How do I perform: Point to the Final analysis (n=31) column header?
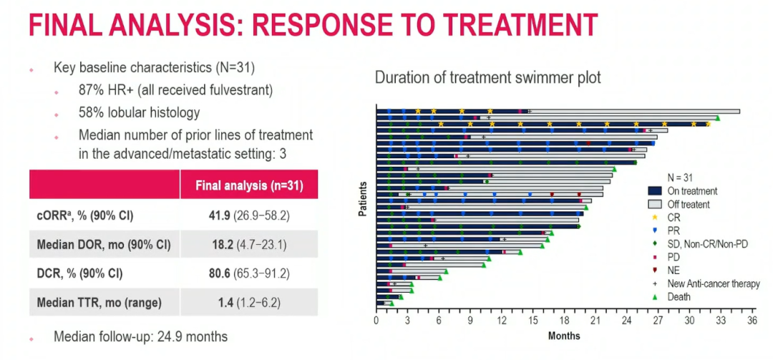(249, 185)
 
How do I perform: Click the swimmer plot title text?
(488, 77)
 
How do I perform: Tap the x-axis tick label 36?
(751, 321)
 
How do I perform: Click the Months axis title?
(564, 336)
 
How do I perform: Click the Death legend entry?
(678, 296)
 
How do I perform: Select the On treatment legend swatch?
(653, 191)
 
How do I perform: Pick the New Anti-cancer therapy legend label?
(713, 283)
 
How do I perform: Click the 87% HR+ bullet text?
(175, 92)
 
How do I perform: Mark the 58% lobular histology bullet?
(139, 113)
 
